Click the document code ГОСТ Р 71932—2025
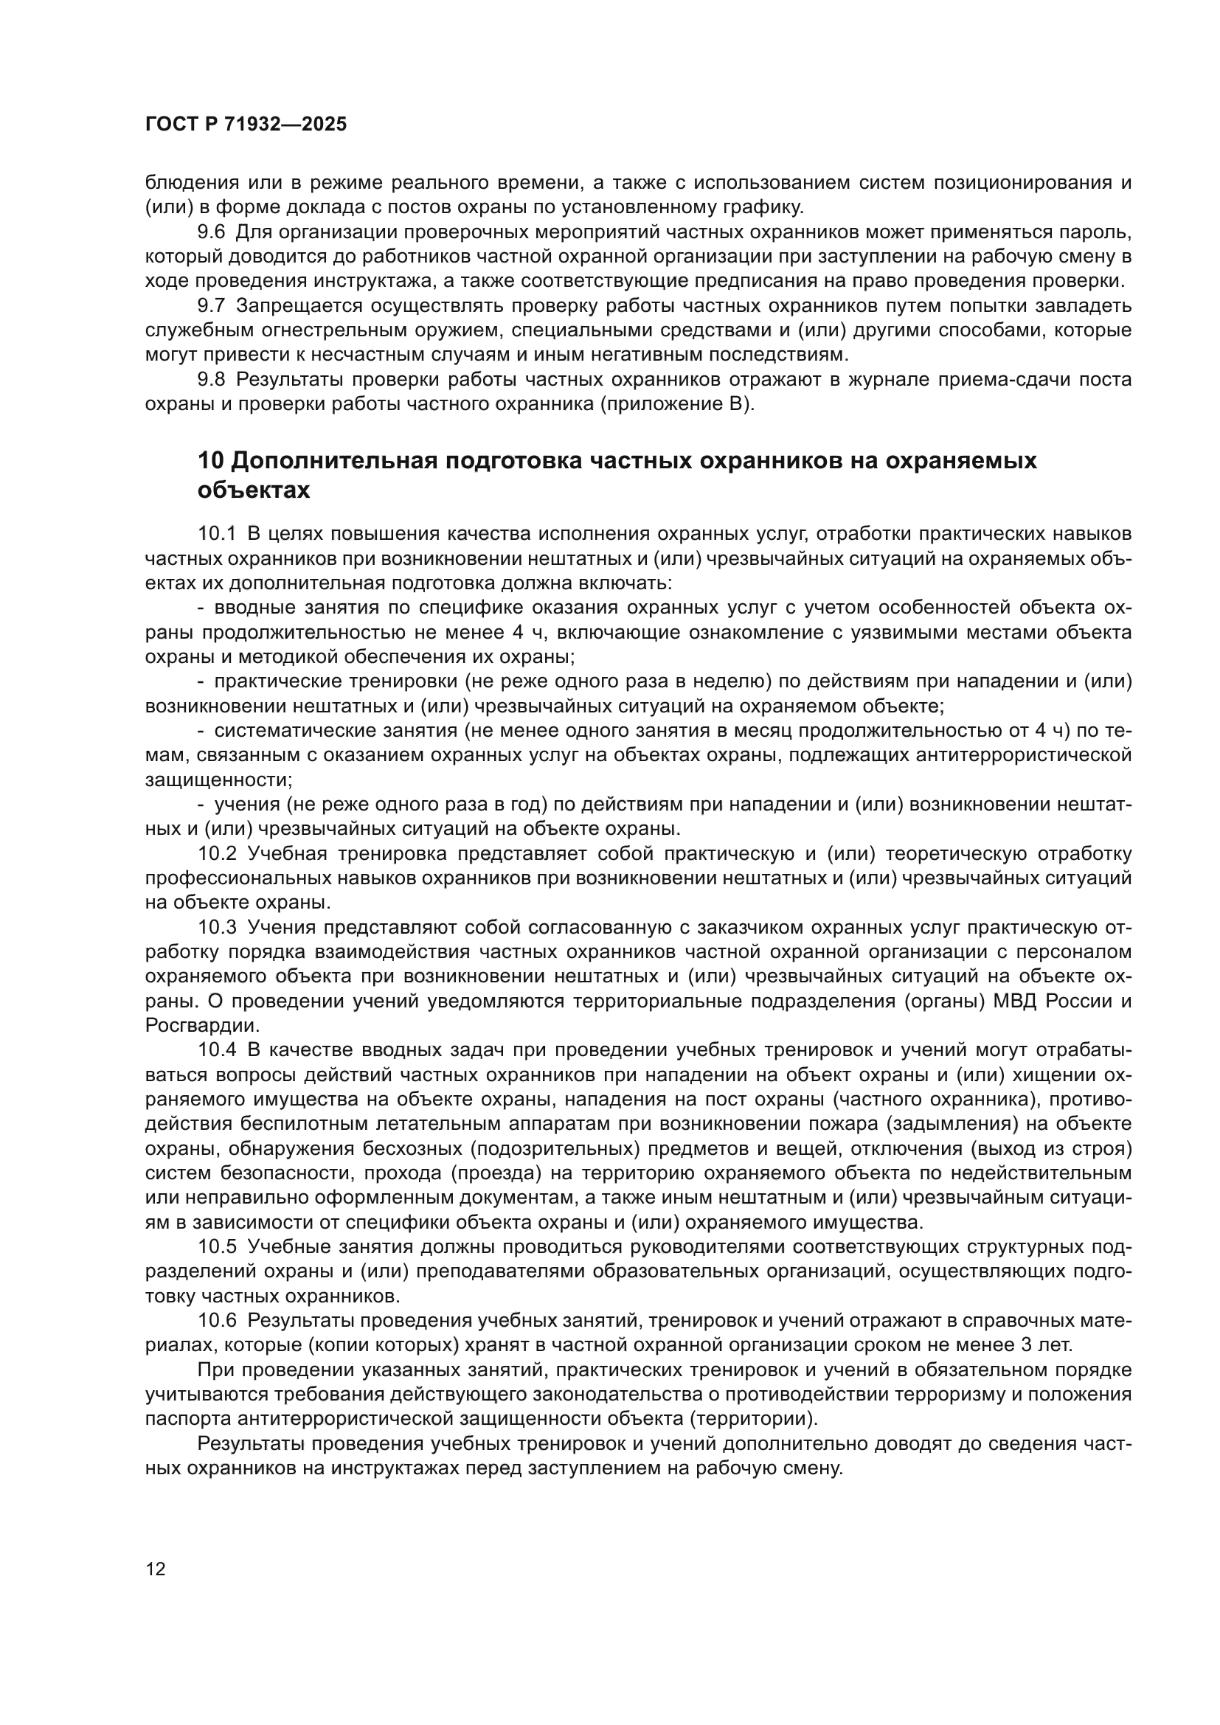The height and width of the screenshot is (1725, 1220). (246, 125)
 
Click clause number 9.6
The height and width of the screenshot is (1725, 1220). (211, 232)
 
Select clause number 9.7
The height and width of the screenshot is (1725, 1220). (211, 306)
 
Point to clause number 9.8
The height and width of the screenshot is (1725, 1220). (211, 379)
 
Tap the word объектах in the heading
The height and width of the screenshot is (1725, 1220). (253, 490)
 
